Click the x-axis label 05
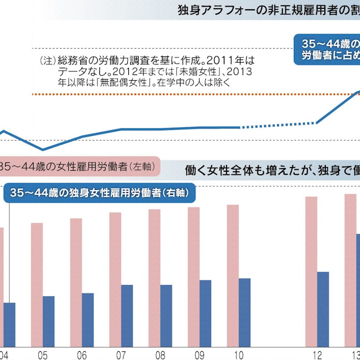click(x=42, y=356)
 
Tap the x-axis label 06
click(x=82, y=356)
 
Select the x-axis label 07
click(x=121, y=356)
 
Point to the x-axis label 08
click(x=160, y=356)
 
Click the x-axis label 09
click(x=200, y=356)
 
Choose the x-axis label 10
click(x=239, y=356)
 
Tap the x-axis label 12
click(x=317, y=356)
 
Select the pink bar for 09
click(x=193, y=277)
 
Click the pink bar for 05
click(x=37, y=284)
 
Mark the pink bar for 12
click(x=311, y=272)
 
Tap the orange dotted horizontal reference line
click(x=181, y=94)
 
